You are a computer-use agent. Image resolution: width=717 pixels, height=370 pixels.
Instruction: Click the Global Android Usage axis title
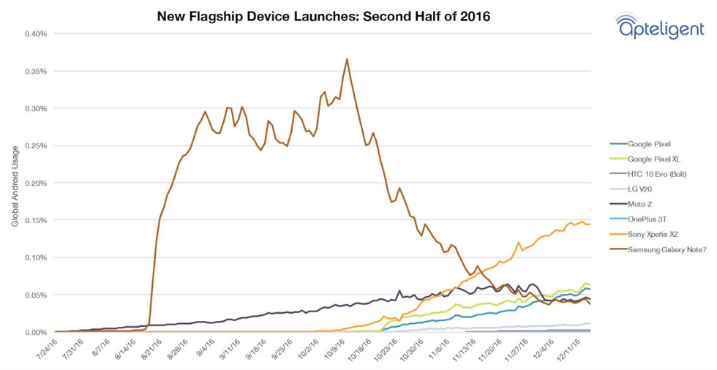(15, 183)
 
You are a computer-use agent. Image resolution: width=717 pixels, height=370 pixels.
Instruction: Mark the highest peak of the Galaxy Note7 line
(347, 59)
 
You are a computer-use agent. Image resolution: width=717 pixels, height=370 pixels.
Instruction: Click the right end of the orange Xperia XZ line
(590, 224)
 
